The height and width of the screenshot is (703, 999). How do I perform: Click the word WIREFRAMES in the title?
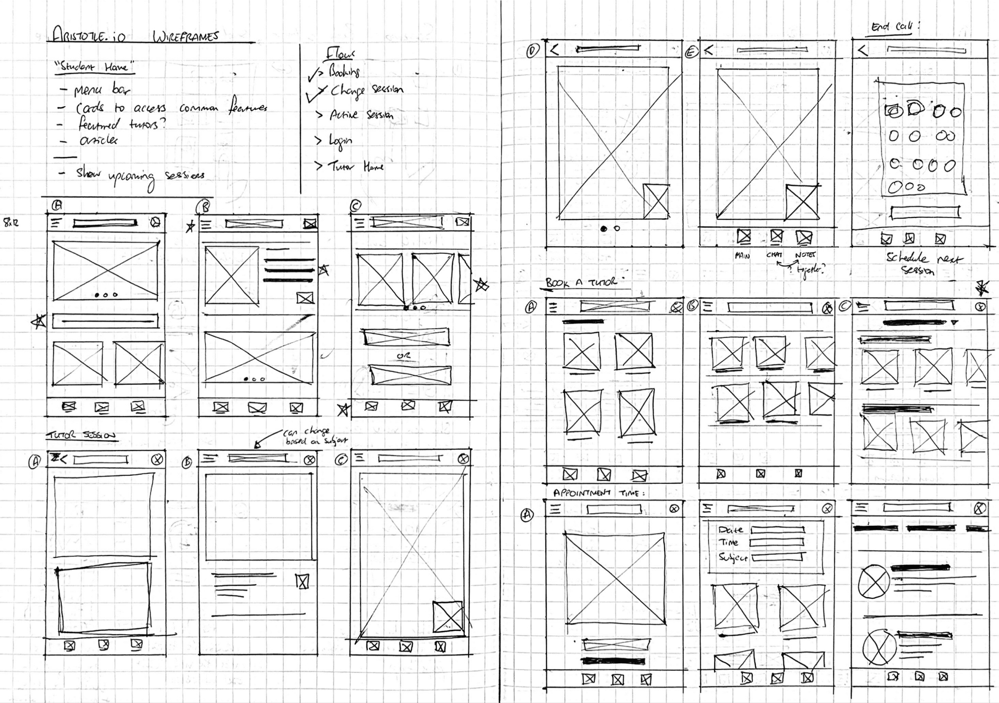tap(185, 37)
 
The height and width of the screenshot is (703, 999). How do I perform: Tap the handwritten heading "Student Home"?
tap(95, 67)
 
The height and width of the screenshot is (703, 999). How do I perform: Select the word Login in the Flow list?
tap(340, 140)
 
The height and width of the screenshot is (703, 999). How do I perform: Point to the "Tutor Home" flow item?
tap(355, 167)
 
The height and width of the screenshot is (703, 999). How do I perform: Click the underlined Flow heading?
tap(340, 54)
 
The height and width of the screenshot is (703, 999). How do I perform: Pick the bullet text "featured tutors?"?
tap(122, 124)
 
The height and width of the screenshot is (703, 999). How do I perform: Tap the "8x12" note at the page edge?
tap(11, 223)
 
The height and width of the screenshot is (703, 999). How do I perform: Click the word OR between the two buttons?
tap(403, 356)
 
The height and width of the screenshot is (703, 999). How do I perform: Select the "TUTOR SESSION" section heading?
tap(82, 435)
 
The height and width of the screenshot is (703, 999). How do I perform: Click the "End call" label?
tap(894, 26)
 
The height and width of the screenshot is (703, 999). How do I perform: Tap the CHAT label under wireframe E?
tap(774, 255)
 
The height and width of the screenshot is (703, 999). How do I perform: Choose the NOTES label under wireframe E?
tap(805, 255)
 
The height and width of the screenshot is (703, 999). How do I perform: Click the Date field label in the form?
tap(731, 530)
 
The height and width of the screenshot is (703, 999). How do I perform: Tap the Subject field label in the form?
tap(733, 557)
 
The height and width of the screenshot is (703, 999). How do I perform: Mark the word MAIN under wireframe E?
tap(742, 256)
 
